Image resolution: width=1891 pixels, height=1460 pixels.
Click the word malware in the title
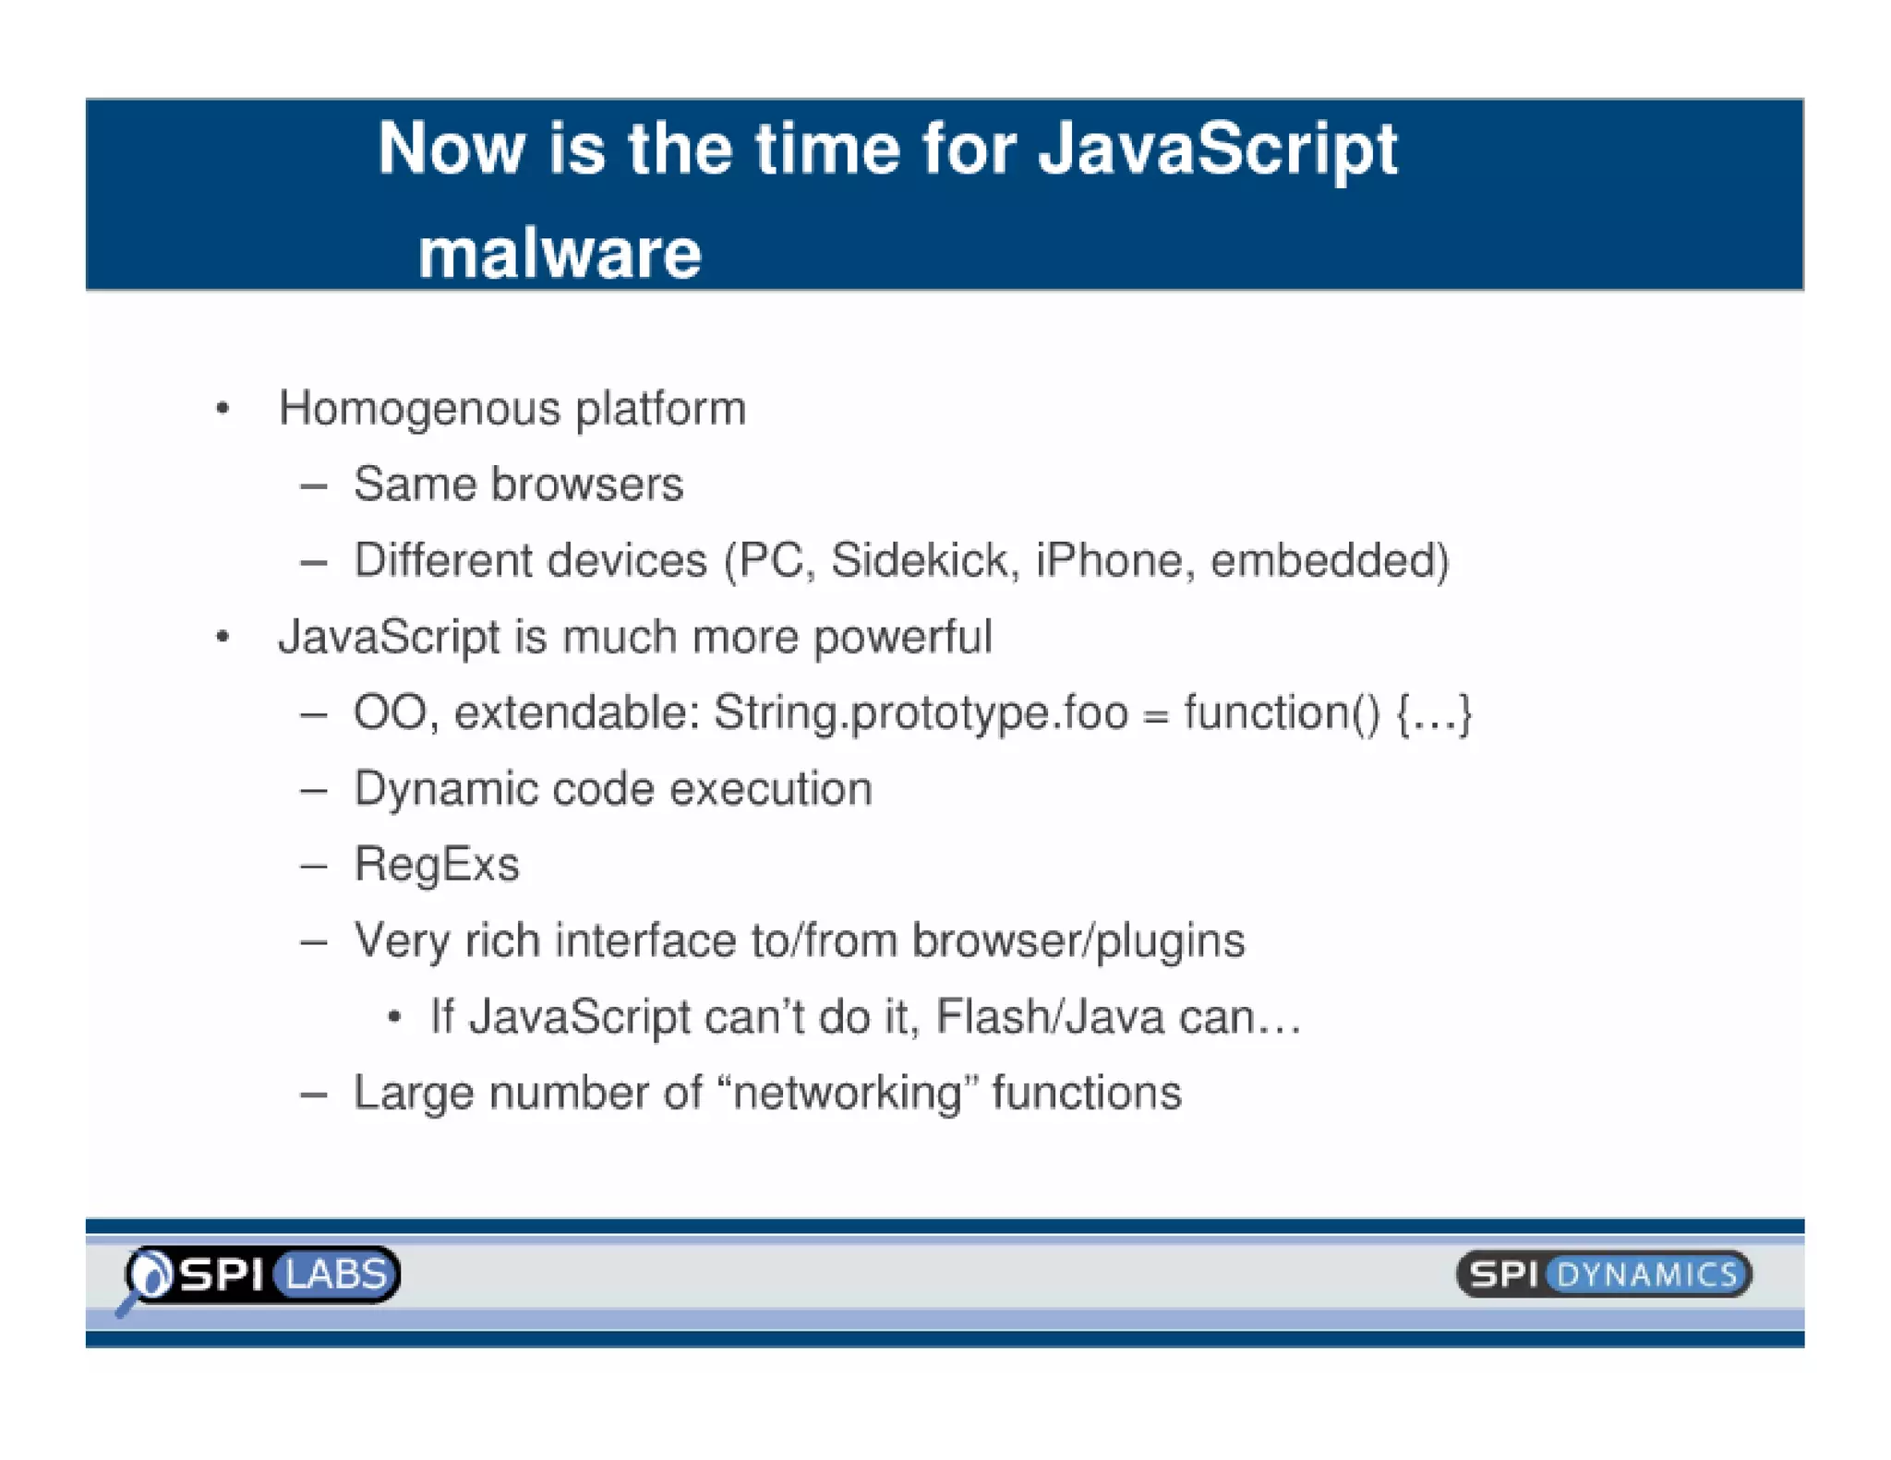tap(560, 254)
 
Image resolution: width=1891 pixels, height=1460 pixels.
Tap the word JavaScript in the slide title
tap(1217, 150)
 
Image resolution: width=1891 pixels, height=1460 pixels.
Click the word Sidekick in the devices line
tap(924, 560)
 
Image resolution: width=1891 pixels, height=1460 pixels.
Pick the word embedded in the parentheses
tap(1323, 560)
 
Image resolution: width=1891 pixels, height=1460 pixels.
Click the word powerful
tap(902, 638)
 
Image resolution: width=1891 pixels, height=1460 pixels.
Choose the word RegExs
tap(437, 866)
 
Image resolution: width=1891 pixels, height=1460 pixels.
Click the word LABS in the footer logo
tap(336, 1275)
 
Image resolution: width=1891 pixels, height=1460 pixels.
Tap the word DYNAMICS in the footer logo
tap(1647, 1275)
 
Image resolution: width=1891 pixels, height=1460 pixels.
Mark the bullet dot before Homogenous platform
tap(223, 409)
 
